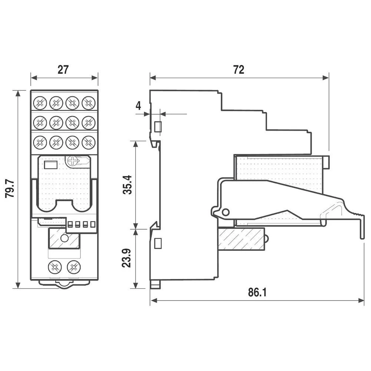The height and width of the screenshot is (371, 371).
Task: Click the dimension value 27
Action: (x=63, y=69)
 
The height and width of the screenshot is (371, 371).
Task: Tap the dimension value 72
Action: (x=239, y=69)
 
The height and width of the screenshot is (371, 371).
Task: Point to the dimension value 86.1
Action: (x=257, y=293)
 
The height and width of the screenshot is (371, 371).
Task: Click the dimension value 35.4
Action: (x=127, y=185)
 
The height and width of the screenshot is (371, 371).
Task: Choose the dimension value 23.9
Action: (x=127, y=258)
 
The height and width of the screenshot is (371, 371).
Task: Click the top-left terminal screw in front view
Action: (x=40, y=102)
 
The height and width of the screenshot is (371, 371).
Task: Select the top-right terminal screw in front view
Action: (x=88, y=102)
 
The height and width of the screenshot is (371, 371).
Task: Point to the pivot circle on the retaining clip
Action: (x=224, y=212)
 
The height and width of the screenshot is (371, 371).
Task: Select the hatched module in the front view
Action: (x=64, y=239)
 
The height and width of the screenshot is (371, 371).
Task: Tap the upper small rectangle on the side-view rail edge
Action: (x=157, y=127)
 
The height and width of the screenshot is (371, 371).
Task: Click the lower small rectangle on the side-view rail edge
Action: (x=157, y=243)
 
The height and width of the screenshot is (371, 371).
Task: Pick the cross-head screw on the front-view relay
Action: (x=73, y=161)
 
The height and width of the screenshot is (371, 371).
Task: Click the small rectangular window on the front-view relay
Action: (x=50, y=164)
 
